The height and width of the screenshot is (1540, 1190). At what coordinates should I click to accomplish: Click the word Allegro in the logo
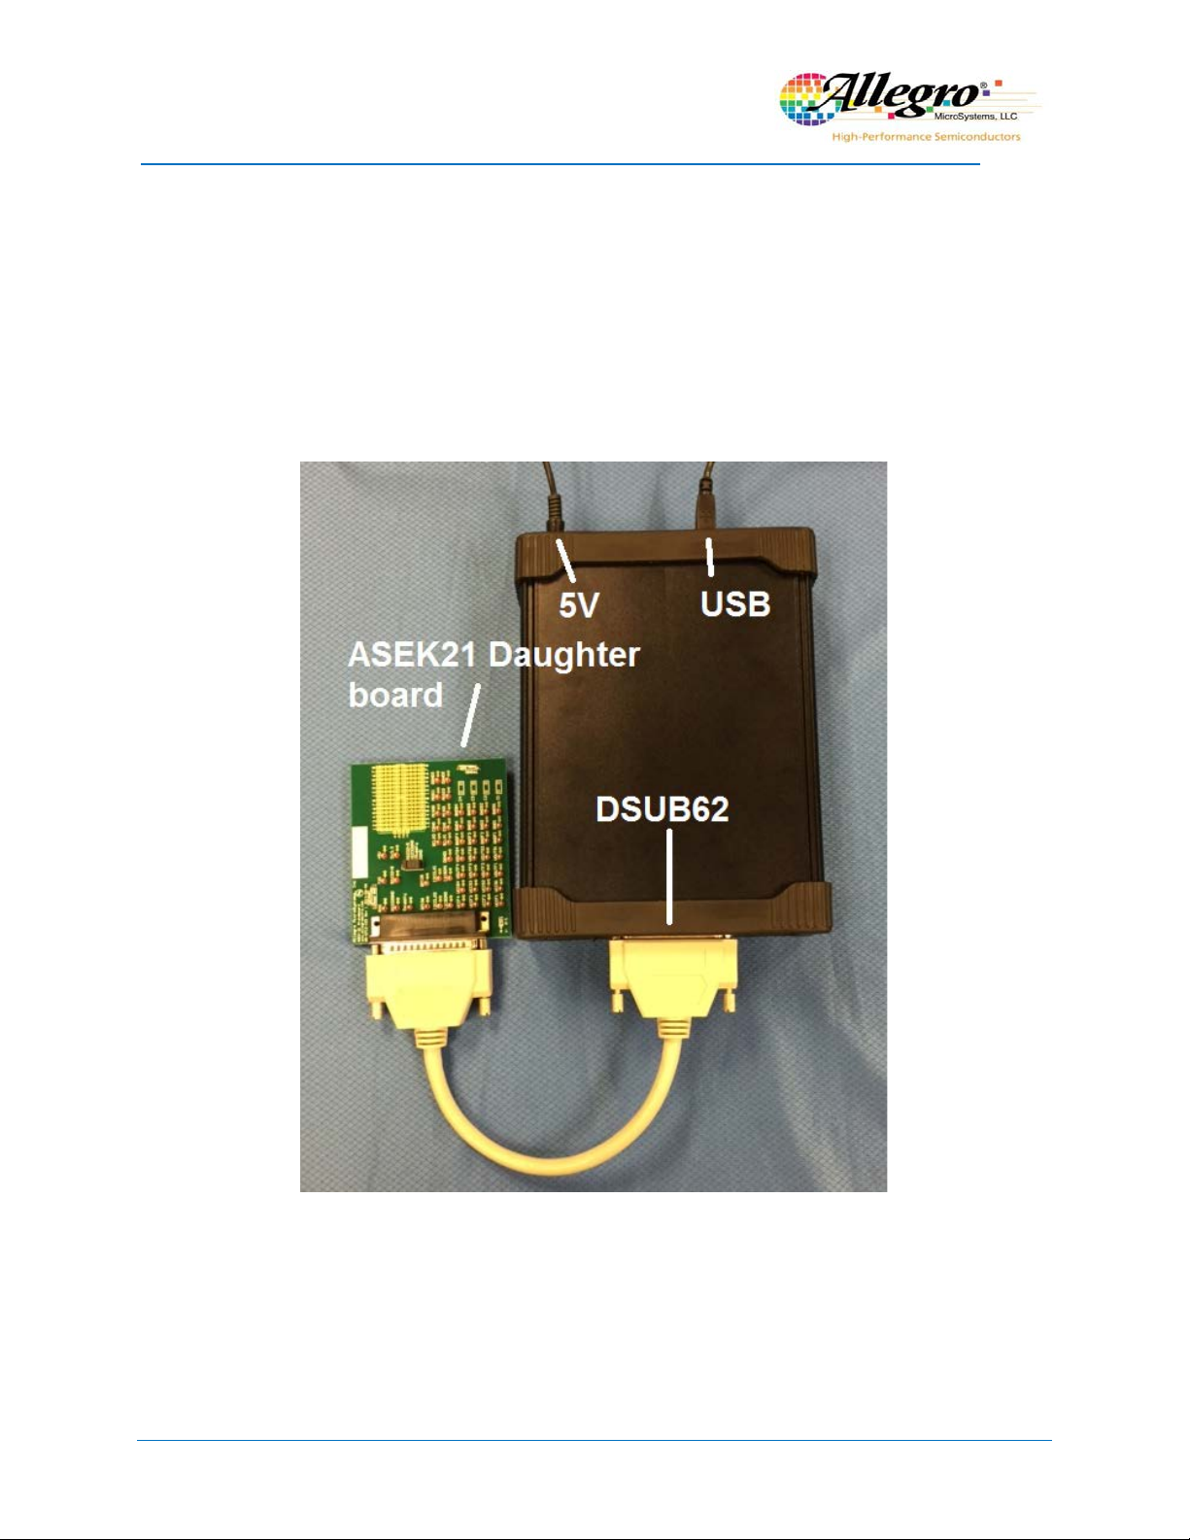(x=899, y=95)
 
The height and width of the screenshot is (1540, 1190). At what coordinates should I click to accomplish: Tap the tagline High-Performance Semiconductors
(x=926, y=137)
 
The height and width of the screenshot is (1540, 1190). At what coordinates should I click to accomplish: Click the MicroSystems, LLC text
(x=975, y=117)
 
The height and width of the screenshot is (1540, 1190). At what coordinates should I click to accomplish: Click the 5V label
(x=578, y=605)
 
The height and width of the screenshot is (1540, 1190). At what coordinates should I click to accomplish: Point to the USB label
(x=735, y=603)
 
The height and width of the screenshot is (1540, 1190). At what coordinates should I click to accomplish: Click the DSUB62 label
(x=662, y=809)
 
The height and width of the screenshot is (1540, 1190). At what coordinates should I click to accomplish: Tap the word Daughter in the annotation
(x=563, y=655)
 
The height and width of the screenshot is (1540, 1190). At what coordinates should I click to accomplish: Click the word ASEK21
(x=413, y=655)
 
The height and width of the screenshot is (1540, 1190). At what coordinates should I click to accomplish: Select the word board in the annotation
(x=395, y=695)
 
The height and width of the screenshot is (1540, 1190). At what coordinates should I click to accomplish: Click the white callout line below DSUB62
(x=669, y=874)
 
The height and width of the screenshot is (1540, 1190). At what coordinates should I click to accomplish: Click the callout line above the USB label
(x=710, y=557)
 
